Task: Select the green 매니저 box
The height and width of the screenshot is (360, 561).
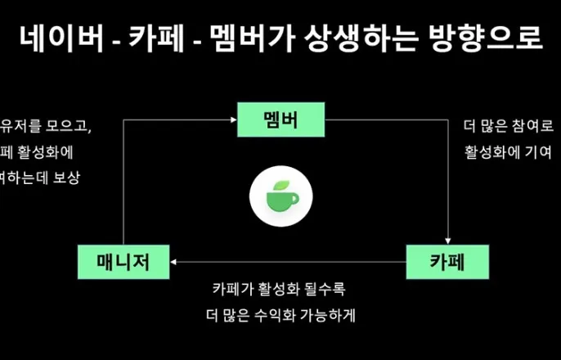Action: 124,262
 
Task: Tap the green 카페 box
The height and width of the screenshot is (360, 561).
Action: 448,262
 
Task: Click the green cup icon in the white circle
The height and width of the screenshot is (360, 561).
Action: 280,197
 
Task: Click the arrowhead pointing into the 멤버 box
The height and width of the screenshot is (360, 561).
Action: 232,121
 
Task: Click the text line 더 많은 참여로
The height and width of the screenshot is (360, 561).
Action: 509,127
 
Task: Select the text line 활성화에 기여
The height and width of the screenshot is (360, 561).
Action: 507,152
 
